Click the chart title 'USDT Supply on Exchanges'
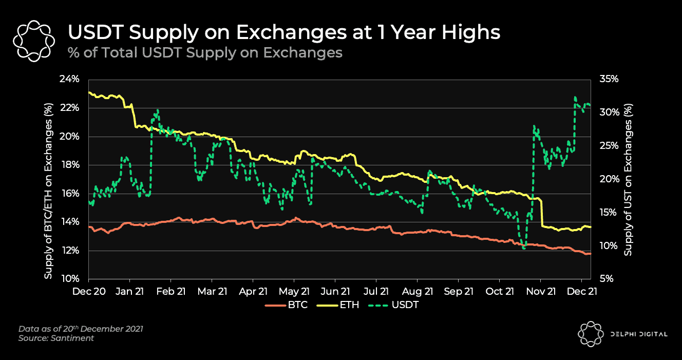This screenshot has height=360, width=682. (284, 32)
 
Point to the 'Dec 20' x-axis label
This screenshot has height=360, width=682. (88, 291)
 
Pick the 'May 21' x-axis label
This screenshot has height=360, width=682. (294, 291)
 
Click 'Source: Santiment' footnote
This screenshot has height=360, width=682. (56, 338)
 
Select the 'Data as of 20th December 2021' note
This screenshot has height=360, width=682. (81, 329)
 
